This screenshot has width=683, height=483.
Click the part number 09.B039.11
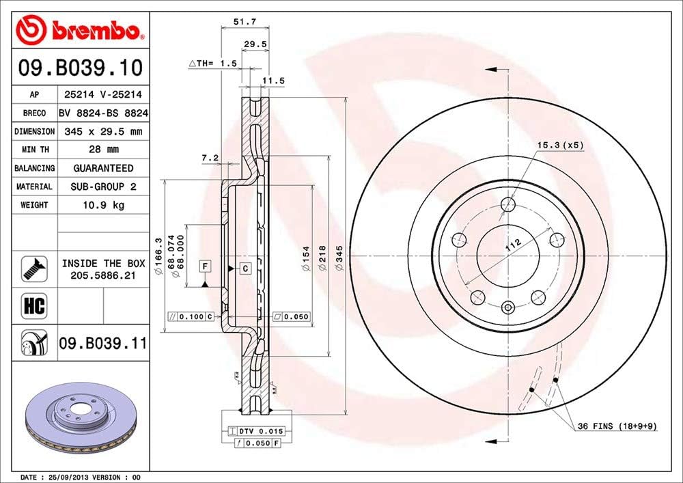tap(102, 344)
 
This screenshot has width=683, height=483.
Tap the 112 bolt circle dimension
tap(514, 245)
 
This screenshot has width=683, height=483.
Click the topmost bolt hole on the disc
tap(508, 204)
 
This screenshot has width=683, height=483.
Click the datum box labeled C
tap(245, 268)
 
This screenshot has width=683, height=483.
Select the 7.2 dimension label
tap(210, 158)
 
